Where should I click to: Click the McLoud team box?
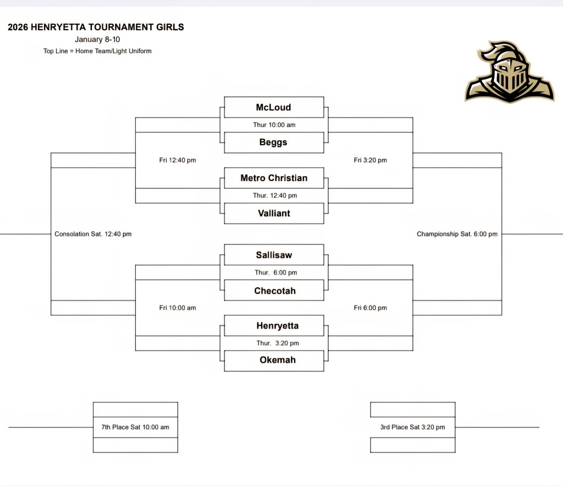[274, 107]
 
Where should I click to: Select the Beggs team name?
[274, 143]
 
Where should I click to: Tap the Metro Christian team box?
[274, 178]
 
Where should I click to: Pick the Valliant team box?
[274, 213]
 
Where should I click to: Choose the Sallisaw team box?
[274, 255]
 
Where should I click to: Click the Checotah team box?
[274, 291]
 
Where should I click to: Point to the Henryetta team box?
[277, 326]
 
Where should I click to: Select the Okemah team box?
[277, 360]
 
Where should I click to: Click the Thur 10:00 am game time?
[274, 125]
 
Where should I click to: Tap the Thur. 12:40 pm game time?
[275, 195]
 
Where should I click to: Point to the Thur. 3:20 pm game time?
[277, 343]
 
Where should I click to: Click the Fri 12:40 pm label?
[178, 160]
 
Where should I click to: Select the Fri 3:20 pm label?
[370, 160]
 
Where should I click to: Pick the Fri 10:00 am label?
[178, 308]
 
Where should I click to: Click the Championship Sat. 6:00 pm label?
[457, 234]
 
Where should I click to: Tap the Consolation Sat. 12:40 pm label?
[93, 234]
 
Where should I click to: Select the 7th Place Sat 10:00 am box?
[135, 427]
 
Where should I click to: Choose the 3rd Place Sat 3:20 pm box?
[413, 427]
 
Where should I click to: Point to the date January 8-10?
[97, 40]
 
